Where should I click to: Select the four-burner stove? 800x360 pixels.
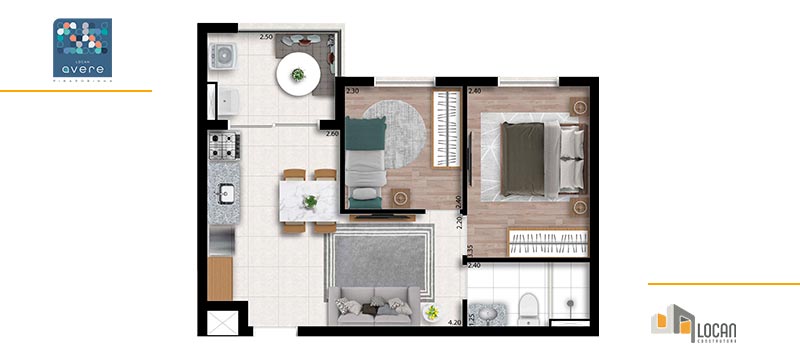pos(222,150)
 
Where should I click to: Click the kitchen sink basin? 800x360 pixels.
pos(224,193)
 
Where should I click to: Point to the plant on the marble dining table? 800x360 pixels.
pos(311,201)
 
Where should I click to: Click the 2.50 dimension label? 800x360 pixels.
pos(266,37)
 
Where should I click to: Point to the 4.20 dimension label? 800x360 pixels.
pos(454,323)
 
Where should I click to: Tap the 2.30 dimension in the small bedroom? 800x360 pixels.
pos(352,91)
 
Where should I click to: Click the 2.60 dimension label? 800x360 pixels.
pos(332,134)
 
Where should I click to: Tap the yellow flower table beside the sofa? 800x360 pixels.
pos(432,312)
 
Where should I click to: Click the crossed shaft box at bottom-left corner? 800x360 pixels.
pos(222,324)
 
